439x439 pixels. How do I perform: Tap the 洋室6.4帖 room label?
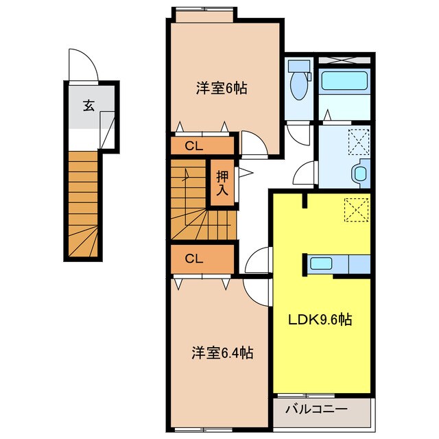tap(222, 353)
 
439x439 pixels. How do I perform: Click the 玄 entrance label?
tap(89, 106)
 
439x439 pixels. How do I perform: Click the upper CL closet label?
tap(194, 146)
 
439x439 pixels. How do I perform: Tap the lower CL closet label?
tap(194, 259)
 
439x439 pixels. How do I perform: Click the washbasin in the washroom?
tap(361, 171)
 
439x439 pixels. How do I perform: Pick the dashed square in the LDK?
tap(356, 209)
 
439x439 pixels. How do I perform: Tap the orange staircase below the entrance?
tap(84, 206)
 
